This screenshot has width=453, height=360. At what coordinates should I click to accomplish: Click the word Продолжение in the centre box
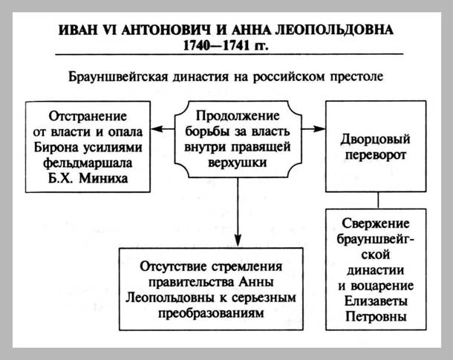(238, 117)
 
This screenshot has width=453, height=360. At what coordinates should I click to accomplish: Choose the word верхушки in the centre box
(238, 159)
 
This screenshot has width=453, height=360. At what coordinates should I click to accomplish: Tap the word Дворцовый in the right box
(375, 139)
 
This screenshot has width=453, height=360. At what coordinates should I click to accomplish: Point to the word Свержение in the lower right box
(375, 223)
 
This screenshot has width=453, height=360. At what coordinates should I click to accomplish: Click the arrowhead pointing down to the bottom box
(238, 237)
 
